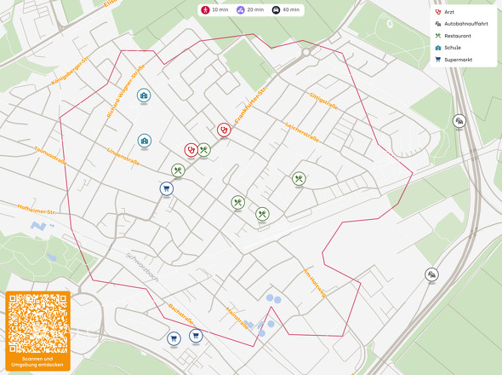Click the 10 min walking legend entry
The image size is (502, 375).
214,9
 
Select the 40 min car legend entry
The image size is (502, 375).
285,9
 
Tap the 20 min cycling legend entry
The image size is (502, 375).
249,9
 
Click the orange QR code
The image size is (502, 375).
38,323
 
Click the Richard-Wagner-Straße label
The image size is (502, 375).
126,91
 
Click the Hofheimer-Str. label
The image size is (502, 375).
35,208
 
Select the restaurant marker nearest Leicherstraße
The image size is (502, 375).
299,179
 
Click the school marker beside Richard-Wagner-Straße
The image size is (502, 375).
145,95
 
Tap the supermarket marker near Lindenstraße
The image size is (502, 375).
166,188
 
